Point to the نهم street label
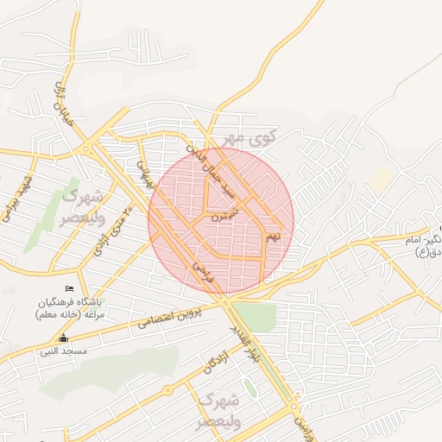(x=274, y=235)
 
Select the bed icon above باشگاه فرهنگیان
(x=70, y=288)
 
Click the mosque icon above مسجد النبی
(x=62, y=338)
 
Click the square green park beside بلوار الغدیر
(x=254, y=318)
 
